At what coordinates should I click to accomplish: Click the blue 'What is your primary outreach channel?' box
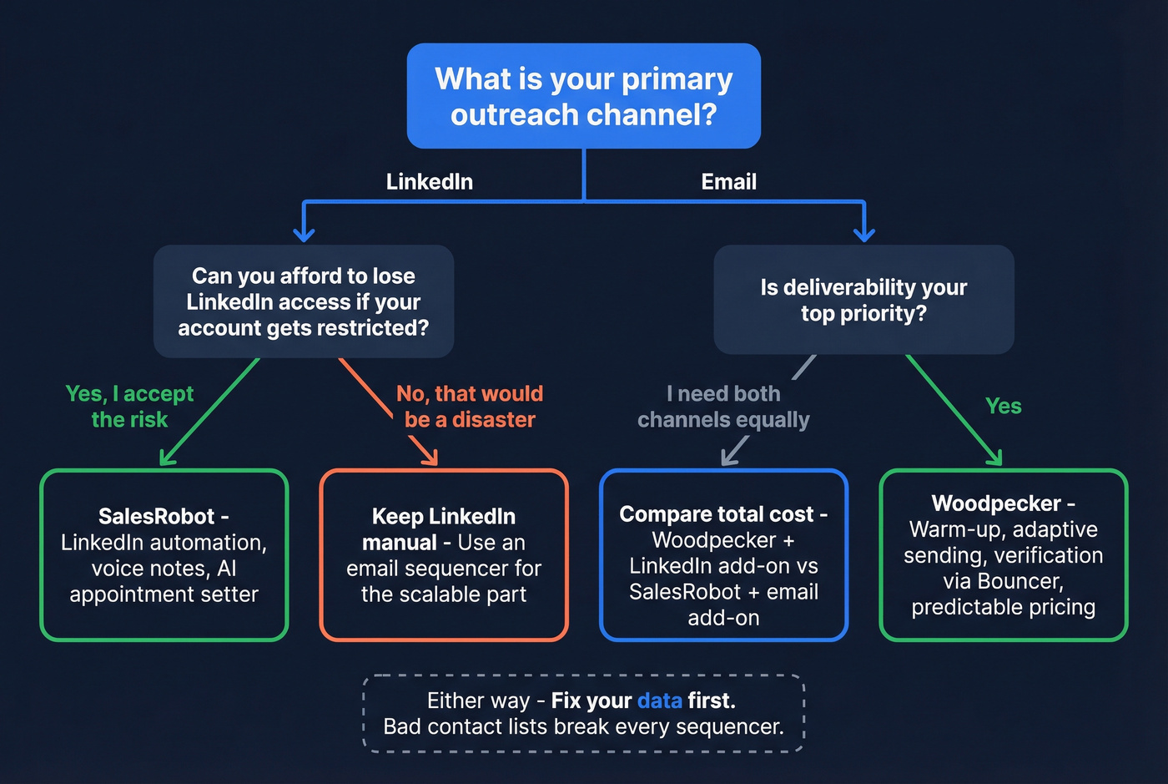pyautogui.click(x=583, y=96)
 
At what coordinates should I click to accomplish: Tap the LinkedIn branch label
pyautogui.click(x=429, y=182)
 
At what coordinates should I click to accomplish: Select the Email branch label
pyautogui.click(x=728, y=182)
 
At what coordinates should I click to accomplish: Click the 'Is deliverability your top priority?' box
pyautogui.click(x=863, y=300)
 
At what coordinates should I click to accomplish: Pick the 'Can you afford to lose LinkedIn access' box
pyautogui.click(x=303, y=301)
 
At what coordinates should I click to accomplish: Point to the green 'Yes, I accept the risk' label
pyautogui.click(x=129, y=407)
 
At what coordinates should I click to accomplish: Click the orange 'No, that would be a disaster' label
pyautogui.click(x=470, y=407)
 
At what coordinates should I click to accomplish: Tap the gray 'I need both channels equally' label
pyautogui.click(x=723, y=407)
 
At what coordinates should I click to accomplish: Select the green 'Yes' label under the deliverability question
pyautogui.click(x=1003, y=407)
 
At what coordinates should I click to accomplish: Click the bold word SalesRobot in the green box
pyautogui.click(x=156, y=516)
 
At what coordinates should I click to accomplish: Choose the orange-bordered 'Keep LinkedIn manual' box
pyautogui.click(x=444, y=555)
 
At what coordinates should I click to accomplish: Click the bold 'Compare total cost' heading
pyautogui.click(x=716, y=514)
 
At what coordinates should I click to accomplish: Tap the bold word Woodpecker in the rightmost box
pyautogui.click(x=996, y=503)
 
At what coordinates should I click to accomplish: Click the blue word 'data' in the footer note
pyautogui.click(x=659, y=701)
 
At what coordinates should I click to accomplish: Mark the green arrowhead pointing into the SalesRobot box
pyautogui.click(x=165, y=458)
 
